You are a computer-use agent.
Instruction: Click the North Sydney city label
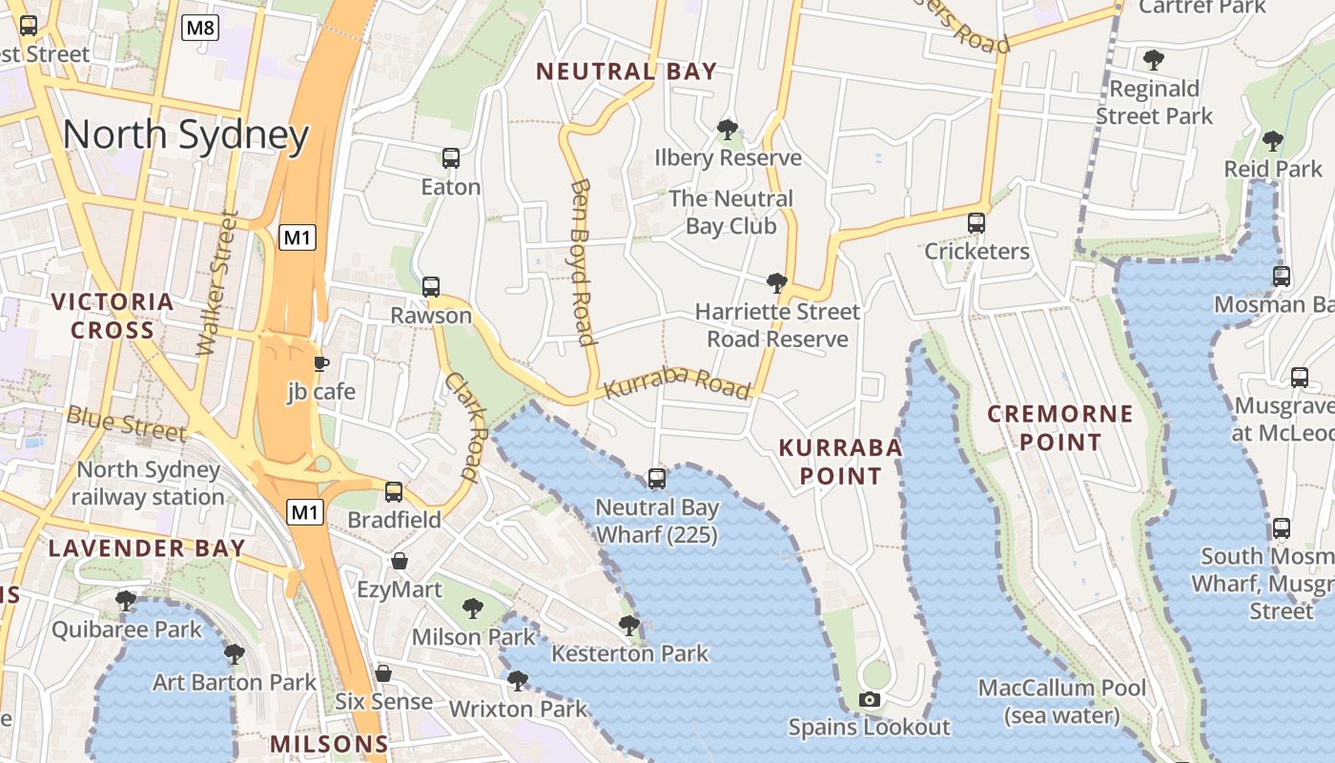pyautogui.click(x=186, y=135)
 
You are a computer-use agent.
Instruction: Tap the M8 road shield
pyautogui.click(x=200, y=28)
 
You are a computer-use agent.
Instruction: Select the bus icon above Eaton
pyautogui.click(x=451, y=157)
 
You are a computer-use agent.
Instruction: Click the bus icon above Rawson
pyautogui.click(x=431, y=286)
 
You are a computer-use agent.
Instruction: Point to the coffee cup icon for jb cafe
pyautogui.click(x=321, y=363)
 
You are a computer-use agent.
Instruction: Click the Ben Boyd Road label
pyautogui.click(x=582, y=261)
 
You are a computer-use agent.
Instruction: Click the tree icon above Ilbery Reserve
pyautogui.click(x=728, y=128)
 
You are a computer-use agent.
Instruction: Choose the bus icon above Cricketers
pyautogui.click(x=976, y=222)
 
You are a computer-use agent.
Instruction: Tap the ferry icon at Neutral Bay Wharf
pyautogui.click(x=657, y=478)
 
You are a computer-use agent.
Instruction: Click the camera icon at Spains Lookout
pyautogui.click(x=869, y=699)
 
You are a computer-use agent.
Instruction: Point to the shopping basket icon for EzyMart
pyautogui.click(x=400, y=561)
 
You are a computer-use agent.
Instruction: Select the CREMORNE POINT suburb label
pyautogui.click(x=1059, y=428)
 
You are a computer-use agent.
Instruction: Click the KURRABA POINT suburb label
pyautogui.click(x=840, y=461)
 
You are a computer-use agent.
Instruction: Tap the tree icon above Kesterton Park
pyautogui.click(x=629, y=625)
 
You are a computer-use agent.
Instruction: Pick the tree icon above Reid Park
pyautogui.click(x=1272, y=141)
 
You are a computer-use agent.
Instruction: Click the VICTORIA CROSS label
pyautogui.click(x=113, y=316)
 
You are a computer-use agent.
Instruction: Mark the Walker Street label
pyautogui.click(x=217, y=283)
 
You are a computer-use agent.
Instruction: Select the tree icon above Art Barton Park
pyautogui.click(x=235, y=653)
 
